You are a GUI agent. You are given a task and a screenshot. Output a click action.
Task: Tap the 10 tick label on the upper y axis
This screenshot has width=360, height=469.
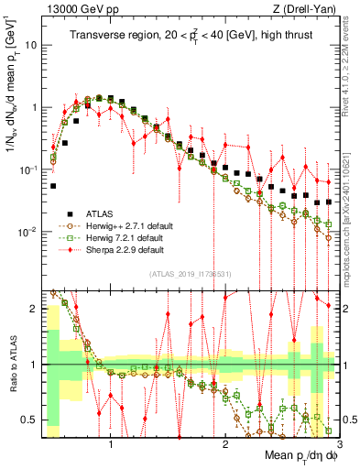(x=30, y=44)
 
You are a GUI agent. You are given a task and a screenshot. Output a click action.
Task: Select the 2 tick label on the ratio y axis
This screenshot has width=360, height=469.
(x=33, y=309)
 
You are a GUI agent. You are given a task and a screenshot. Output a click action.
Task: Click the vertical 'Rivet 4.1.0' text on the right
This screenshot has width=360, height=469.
(x=349, y=64)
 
